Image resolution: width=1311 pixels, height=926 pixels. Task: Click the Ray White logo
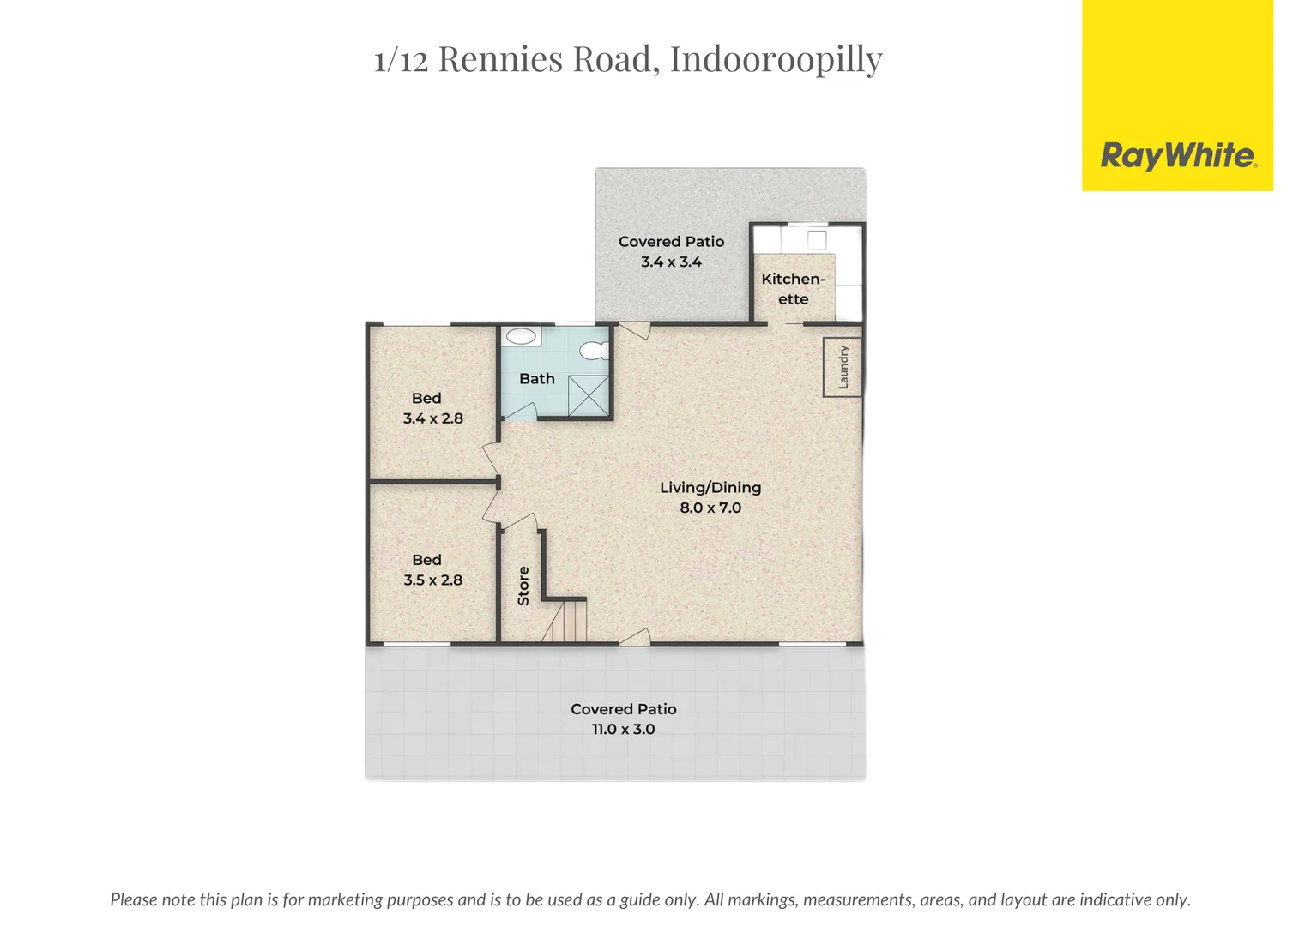click(x=1177, y=156)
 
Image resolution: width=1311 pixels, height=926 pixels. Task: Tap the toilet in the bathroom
click(x=594, y=350)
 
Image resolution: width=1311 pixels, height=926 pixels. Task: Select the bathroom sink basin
click(x=521, y=336)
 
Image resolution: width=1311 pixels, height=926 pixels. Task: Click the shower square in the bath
click(x=589, y=396)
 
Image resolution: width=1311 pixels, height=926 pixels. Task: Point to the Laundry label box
click(x=843, y=367)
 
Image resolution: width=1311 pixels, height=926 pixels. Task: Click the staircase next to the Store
click(x=565, y=621)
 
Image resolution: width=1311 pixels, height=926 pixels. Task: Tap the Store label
click(x=523, y=586)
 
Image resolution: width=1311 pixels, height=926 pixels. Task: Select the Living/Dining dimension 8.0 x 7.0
click(x=710, y=508)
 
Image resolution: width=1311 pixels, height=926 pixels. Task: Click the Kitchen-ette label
click(x=793, y=289)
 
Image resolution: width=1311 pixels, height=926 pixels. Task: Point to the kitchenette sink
click(x=816, y=239)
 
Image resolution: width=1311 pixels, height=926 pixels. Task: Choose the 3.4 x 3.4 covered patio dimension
click(x=671, y=262)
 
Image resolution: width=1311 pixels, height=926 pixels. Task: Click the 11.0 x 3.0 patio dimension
click(x=623, y=729)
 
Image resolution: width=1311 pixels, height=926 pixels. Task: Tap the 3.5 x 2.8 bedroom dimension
click(x=432, y=580)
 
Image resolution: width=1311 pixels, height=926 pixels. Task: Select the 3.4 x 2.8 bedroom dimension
click(x=432, y=418)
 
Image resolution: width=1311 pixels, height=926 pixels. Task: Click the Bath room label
click(x=537, y=378)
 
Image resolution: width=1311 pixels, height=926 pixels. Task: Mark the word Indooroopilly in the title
click(x=776, y=59)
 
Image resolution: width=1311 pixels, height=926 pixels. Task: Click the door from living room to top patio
click(x=634, y=330)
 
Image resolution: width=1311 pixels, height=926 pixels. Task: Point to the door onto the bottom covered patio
click(x=634, y=636)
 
